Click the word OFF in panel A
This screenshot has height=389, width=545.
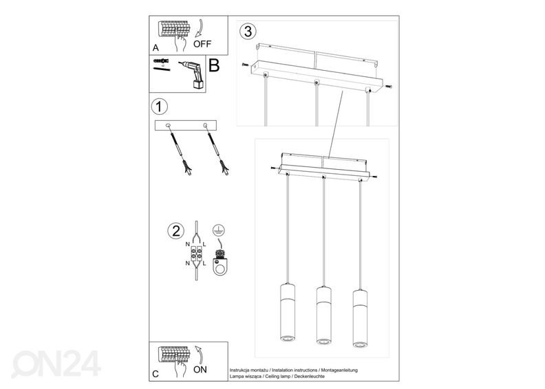click(x=202, y=44)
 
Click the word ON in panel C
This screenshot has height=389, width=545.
click(x=200, y=370)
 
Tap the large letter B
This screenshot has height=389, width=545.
click(x=214, y=65)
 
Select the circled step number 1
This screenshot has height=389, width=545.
click(x=159, y=107)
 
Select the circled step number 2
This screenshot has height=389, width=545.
click(x=176, y=231)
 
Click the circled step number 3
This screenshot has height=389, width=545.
click(x=248, y=31)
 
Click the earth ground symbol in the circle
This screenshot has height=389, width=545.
click(x=219, y=230)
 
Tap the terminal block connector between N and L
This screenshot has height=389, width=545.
click(x=196, y=254)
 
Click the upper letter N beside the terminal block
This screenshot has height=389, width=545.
click(x=188, y=245)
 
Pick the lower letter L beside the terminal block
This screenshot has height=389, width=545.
click(x=204, y=263)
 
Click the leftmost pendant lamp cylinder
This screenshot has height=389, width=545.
click(x=288, y=311)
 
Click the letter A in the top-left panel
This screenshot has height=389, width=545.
click(x=156, y=48)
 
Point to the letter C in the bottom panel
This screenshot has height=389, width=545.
click(x=156, y=374)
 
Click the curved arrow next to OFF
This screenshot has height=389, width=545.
click(x=200, y=28)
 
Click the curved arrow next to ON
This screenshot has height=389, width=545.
click(x=200, y=355)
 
